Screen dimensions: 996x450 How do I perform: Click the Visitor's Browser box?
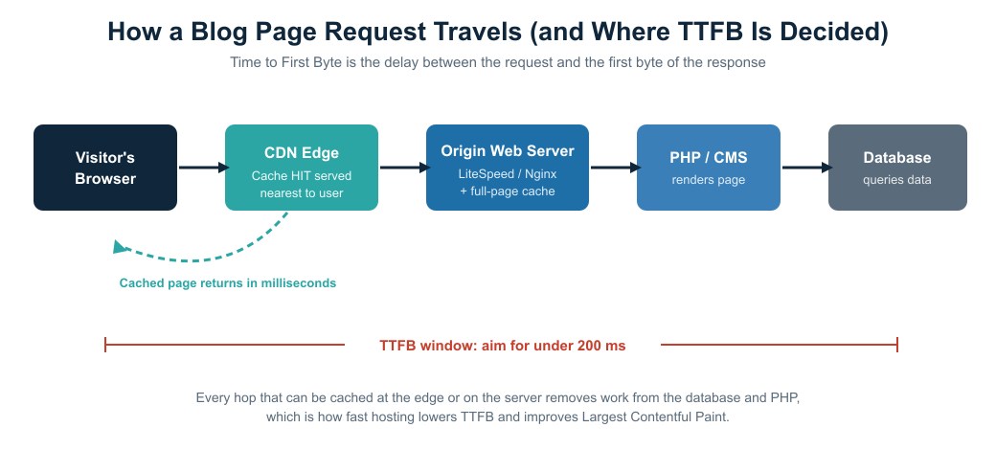pyautogui.click(x=105, y=168)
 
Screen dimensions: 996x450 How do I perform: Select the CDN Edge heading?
pyautogui.click(x=302, y=153)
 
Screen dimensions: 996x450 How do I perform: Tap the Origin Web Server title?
pyautogui.click(x=508, y=151)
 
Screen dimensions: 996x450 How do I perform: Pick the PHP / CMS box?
pyautogui.click(x=709, y=168)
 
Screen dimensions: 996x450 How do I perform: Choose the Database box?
pyautogui.click(x=897, y=168)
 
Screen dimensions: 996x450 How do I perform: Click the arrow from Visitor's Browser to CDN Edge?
pyautogui.click(x=204, y=168)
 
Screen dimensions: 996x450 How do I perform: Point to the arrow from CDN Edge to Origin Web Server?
pyautogui.click(x=405, y=168)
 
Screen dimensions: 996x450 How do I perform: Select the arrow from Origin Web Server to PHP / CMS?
pyautogui.click(x=616, y=168)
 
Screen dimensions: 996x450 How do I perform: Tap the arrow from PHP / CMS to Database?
pyautogui.click(x=806, y=168)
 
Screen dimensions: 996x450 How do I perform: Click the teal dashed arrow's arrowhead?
pyautogui.click(x=120, y=247)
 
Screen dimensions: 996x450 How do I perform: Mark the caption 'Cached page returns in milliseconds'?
pyautogui.click(x=227, y=283)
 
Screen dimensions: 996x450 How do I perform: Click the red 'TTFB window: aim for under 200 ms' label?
pyautogui.click(x=503, y=346)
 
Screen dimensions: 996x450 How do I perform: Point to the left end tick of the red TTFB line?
pyautogui.click(x=105, y=345)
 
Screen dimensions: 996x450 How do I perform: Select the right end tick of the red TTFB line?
pyautogui.click(x=897, y=345)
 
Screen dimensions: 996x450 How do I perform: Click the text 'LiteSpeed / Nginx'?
pyautogui.click(x=508, y=174)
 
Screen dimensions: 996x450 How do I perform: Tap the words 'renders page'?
pyautogui.click(x=709, y=180)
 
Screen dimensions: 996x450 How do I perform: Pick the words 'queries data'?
pyautogui.click(x=897, y=180)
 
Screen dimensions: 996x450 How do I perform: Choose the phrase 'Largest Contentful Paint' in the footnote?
pyautogui.click(x=654, y=417)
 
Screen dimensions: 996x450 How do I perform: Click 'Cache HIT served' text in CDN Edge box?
pyautogui.click(x=301, y=176)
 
